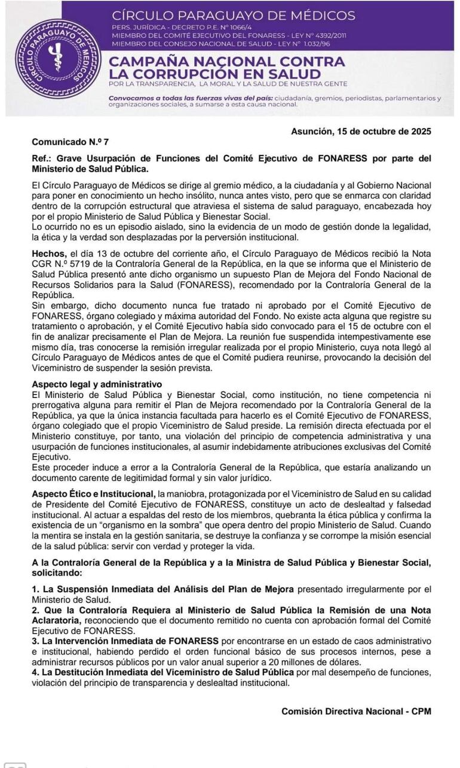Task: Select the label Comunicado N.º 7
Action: [x=70, y=142]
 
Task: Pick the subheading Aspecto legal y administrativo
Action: [x=97, y=384]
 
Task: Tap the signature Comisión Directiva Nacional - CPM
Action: [x=356, y=711]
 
